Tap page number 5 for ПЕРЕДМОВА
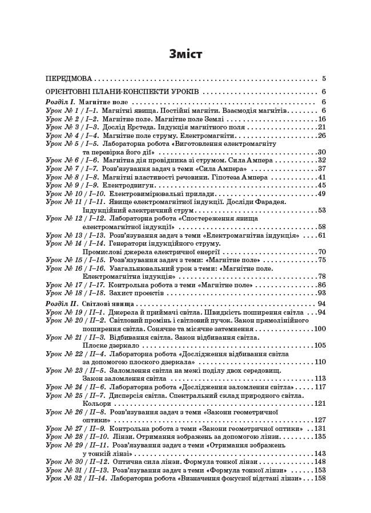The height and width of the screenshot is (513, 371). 324,79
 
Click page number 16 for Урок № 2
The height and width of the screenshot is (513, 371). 321,119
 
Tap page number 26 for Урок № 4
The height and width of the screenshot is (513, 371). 321,136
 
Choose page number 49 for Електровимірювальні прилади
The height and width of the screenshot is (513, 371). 321,194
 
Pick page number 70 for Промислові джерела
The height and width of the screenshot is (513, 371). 321,251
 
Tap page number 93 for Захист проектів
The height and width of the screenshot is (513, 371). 321,293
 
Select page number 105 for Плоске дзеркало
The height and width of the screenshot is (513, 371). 320,345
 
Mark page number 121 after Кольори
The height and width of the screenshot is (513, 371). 320,404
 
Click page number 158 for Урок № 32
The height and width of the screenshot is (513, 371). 320,478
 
